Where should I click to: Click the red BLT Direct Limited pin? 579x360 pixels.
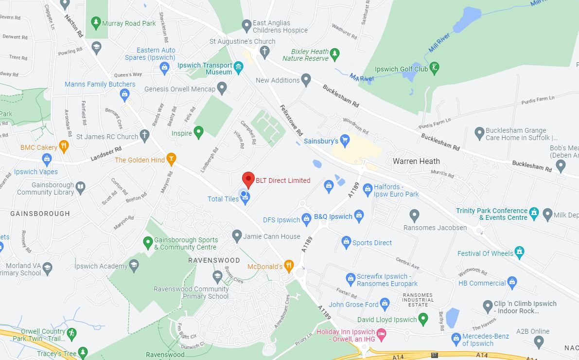coord(248,179)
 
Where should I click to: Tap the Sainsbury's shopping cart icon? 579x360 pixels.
coord(345,141)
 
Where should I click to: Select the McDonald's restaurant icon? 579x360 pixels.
coord(289,266)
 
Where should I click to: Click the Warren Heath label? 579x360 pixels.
coord(416,161)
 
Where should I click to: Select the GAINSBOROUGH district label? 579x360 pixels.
coord(40,214)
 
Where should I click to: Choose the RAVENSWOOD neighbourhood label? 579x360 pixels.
coord(214,260)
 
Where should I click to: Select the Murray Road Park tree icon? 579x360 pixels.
coord(96,22)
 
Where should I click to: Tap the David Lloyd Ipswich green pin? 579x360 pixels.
coord(423,319)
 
